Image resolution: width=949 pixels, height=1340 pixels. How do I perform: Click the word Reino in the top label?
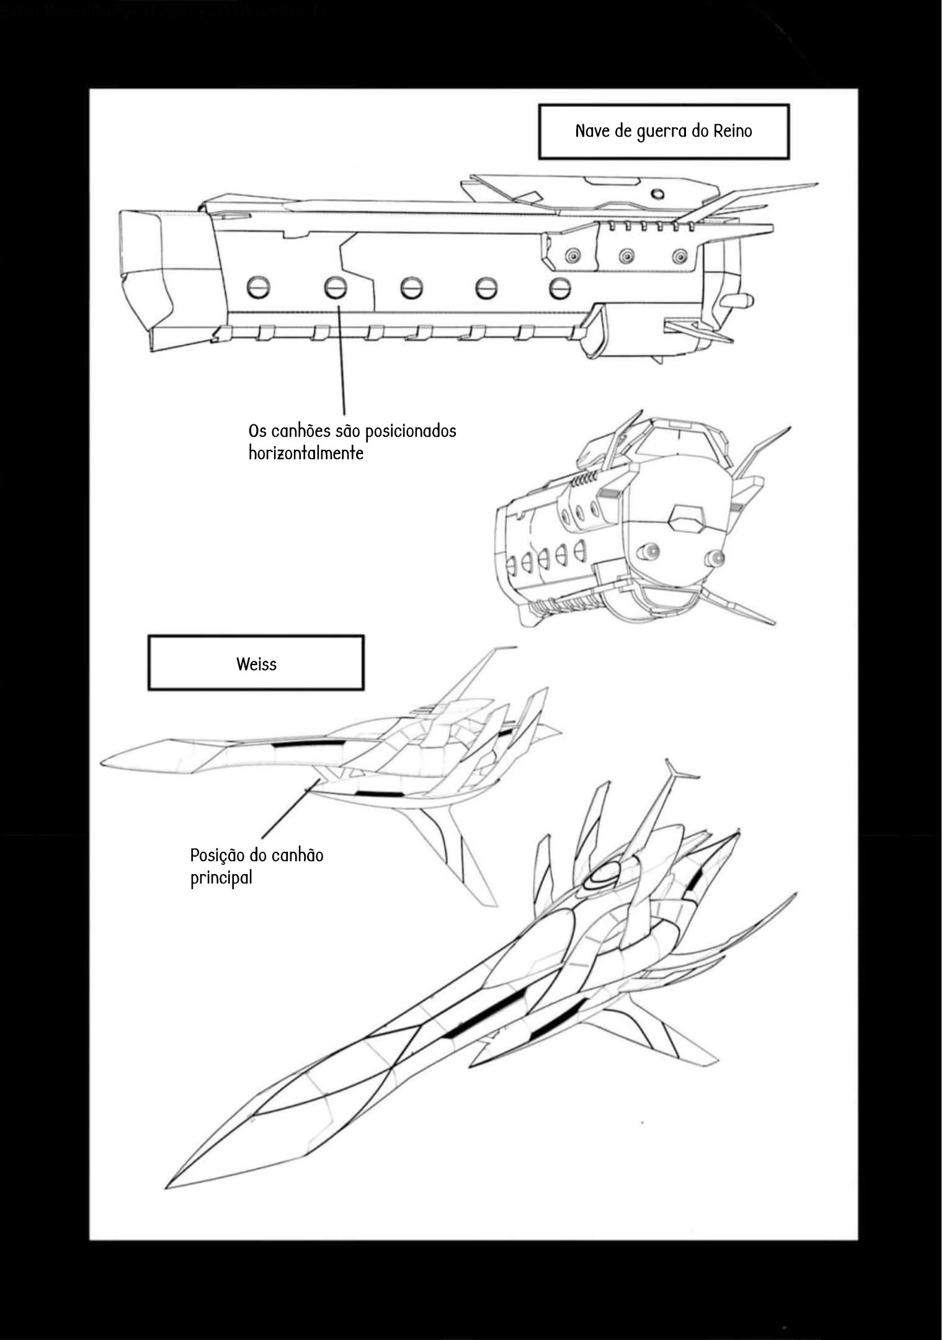pos(738,132)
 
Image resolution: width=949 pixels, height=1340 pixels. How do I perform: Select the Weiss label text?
pos(258,669)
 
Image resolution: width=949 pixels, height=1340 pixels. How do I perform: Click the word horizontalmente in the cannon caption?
pos(308,457)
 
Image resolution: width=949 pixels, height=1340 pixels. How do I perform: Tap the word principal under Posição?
pos(223,885)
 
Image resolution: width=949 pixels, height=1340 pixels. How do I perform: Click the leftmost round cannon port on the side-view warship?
pos(261,289)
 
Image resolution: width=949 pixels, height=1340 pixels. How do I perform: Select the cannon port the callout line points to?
pos(337,289)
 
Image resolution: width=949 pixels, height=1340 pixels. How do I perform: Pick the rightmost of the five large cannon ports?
pos(564,289)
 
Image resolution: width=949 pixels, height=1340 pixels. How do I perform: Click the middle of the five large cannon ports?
pos(414,289)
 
